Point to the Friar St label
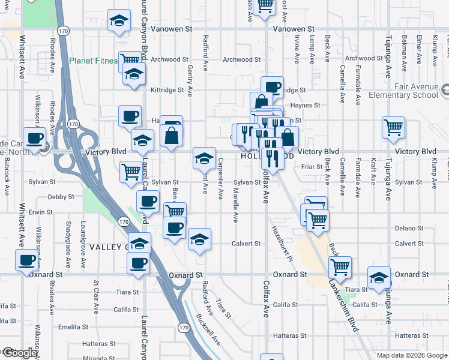tap(312, 167)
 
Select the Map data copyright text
tap(412, 355)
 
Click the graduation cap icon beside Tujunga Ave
tap(379, 278)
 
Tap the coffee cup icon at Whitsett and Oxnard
tap(27, 260)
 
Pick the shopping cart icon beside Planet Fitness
tap(129, 60)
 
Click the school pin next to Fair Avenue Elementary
tap(444, 91)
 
